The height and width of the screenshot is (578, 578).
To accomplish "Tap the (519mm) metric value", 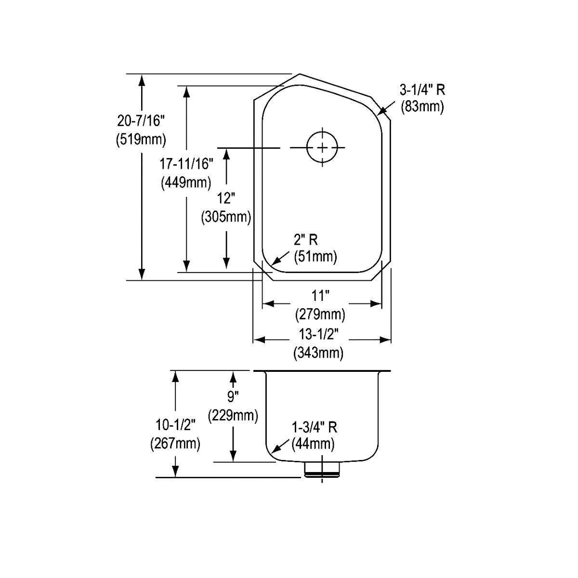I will (141, 140).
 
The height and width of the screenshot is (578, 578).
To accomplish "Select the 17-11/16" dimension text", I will (186, 164).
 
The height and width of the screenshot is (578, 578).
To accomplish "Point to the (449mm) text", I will (186, 183).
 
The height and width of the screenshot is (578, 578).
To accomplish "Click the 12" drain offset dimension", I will (226, 198).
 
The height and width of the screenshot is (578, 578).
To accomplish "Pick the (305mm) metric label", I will (226, 217).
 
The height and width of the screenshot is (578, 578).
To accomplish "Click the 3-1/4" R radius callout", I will (422, 89).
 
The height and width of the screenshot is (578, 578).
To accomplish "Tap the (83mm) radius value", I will (422, 106).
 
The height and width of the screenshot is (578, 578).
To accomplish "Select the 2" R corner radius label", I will (306, 239).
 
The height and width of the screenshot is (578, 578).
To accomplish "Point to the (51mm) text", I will (315, 256).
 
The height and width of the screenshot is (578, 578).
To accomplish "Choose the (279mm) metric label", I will (320, 315).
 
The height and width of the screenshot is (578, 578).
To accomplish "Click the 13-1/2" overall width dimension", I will (319, 333).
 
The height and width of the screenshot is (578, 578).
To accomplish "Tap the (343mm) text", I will (318, 353).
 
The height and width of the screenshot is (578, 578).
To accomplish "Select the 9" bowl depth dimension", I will (233, 397).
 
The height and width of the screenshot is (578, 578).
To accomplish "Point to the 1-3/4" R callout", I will (314, 427).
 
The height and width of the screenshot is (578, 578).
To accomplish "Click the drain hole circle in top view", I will (322, 147).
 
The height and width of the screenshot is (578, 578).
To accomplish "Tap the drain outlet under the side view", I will (322, 469).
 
